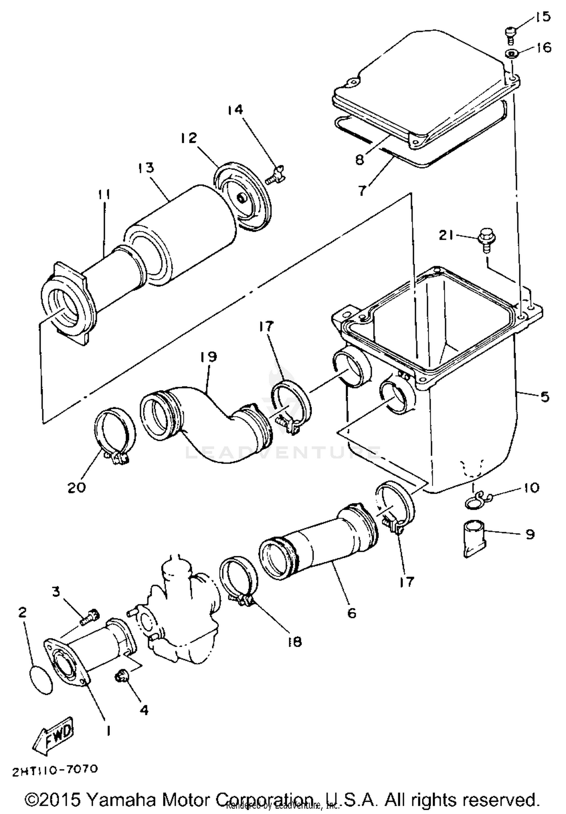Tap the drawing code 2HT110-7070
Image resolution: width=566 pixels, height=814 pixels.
(55, 770)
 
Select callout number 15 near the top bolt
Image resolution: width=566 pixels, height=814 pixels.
(543, 17)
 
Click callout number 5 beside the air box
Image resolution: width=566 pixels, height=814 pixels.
(544, 397)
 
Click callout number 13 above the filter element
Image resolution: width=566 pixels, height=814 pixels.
(146, 167)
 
